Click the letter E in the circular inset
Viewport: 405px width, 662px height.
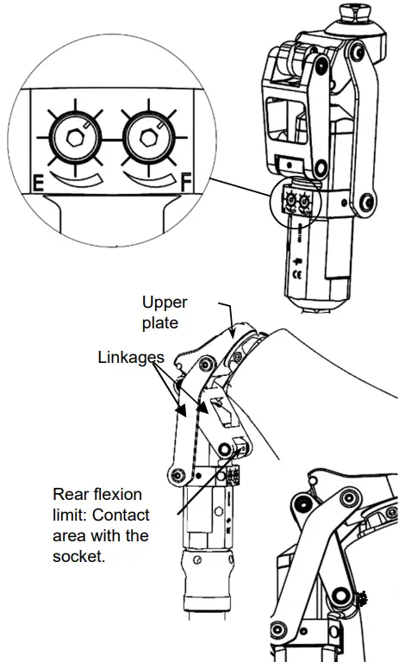[x=39, y=183]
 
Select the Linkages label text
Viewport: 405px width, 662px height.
[x=132, y=356]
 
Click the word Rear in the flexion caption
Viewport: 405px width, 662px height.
[x=72, y=495]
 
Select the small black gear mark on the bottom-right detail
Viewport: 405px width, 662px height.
[x=361, y=595]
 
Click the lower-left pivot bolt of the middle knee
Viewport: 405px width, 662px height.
[x=177, y=476]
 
